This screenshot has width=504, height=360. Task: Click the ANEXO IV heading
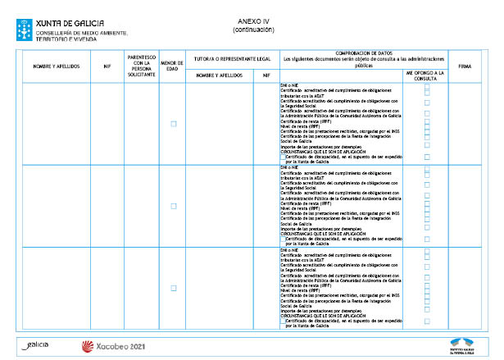(x=253, y=21)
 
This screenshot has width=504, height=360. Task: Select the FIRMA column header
(x=465, y=65)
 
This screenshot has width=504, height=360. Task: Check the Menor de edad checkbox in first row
(x=173, y=124)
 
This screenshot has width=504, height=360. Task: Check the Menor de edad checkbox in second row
(x=173, y=206)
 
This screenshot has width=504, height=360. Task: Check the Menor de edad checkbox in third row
(x=173, y=288)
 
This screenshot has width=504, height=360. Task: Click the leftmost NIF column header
(x=107, y=65)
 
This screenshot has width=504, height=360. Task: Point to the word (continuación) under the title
(x=253, y=30)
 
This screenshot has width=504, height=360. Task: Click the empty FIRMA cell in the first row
(x=465, y=124)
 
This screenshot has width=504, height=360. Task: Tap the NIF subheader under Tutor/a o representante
(x=266, y=75)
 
